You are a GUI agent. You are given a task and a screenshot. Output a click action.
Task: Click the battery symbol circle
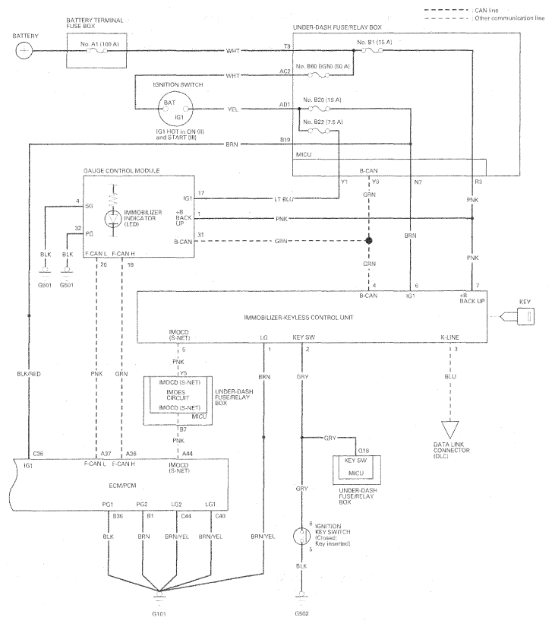pyautogui.click(x=24, y=51)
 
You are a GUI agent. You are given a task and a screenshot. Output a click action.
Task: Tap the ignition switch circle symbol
pyautogui.click(x=175, y=109)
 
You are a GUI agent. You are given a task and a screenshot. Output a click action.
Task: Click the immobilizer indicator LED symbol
pyautogui.click(x=114, y=218)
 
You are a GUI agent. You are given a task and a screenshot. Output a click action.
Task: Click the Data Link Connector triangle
pyautogui.click(x=450, y=429)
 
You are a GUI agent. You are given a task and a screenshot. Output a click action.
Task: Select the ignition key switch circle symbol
pyautogui.click(x=301, y=537)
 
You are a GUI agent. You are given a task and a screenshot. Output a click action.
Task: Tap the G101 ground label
pyautogui.click(x=159, y=614)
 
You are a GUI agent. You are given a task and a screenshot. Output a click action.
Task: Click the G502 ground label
pyautogui.click(x=301, y=613)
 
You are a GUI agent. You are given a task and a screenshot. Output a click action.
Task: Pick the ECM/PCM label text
pyautogui.click(x=123, y=486)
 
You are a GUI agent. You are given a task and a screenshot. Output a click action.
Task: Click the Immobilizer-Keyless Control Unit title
pyautogui.click(x=298, y=318)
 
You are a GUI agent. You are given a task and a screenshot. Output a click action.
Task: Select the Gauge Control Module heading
pyautogui.click(x=121, y=171)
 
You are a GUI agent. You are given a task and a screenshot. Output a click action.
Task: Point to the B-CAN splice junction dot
pyautogui.click(x=369, y=241)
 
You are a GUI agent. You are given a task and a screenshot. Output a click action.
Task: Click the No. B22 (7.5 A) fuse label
pyautogui.click(x=323, y=122)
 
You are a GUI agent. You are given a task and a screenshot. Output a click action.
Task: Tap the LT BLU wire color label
pyautogui.click(x=284, y=198)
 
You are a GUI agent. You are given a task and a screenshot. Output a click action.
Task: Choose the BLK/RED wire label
pyautogui.click(x=29, y=374)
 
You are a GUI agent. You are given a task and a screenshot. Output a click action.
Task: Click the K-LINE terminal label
pyautogui.click(x=450, y=337)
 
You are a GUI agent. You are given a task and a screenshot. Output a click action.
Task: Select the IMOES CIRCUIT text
pyautogui.click(x=178, y=395)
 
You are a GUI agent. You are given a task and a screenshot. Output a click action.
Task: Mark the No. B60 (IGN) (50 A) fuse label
pyautogui.click(x=323, y=66)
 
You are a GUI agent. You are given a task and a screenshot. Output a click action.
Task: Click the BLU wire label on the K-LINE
pyautogui.click(x=450, y=377)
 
